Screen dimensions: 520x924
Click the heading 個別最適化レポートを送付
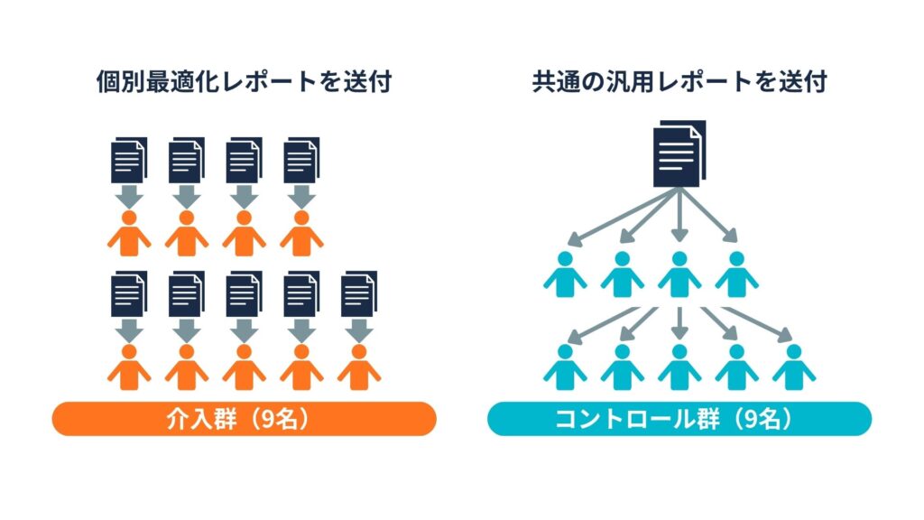coord(244,82)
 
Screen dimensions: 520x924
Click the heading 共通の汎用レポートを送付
coord(679,82)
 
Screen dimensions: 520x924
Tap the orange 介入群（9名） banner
coord(244,418)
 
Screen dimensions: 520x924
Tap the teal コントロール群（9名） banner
coord(679,418)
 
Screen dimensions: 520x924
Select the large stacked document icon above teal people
coord(679,153)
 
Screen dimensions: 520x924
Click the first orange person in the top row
coord(128,233)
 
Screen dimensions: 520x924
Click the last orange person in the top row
coord(301,233)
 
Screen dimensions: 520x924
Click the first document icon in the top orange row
coord(128,161)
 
